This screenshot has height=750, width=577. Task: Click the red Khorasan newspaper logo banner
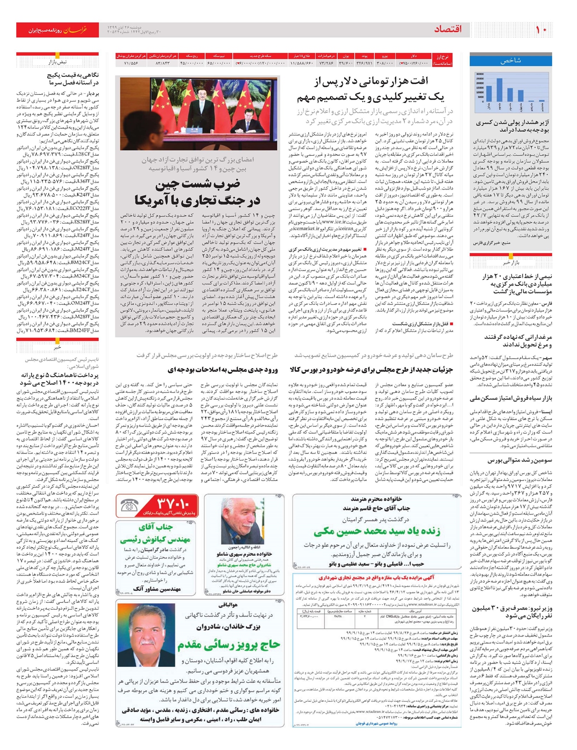[x=58, y=30]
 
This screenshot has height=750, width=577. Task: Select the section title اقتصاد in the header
[x=447, y=29]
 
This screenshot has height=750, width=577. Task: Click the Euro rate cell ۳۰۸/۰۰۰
[x=384, y=63]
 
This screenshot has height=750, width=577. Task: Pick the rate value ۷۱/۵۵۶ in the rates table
[x=131, y=63]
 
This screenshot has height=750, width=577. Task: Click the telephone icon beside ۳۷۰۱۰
[x=129, y=506]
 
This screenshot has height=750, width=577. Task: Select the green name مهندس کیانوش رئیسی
[x=156, y=540]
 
